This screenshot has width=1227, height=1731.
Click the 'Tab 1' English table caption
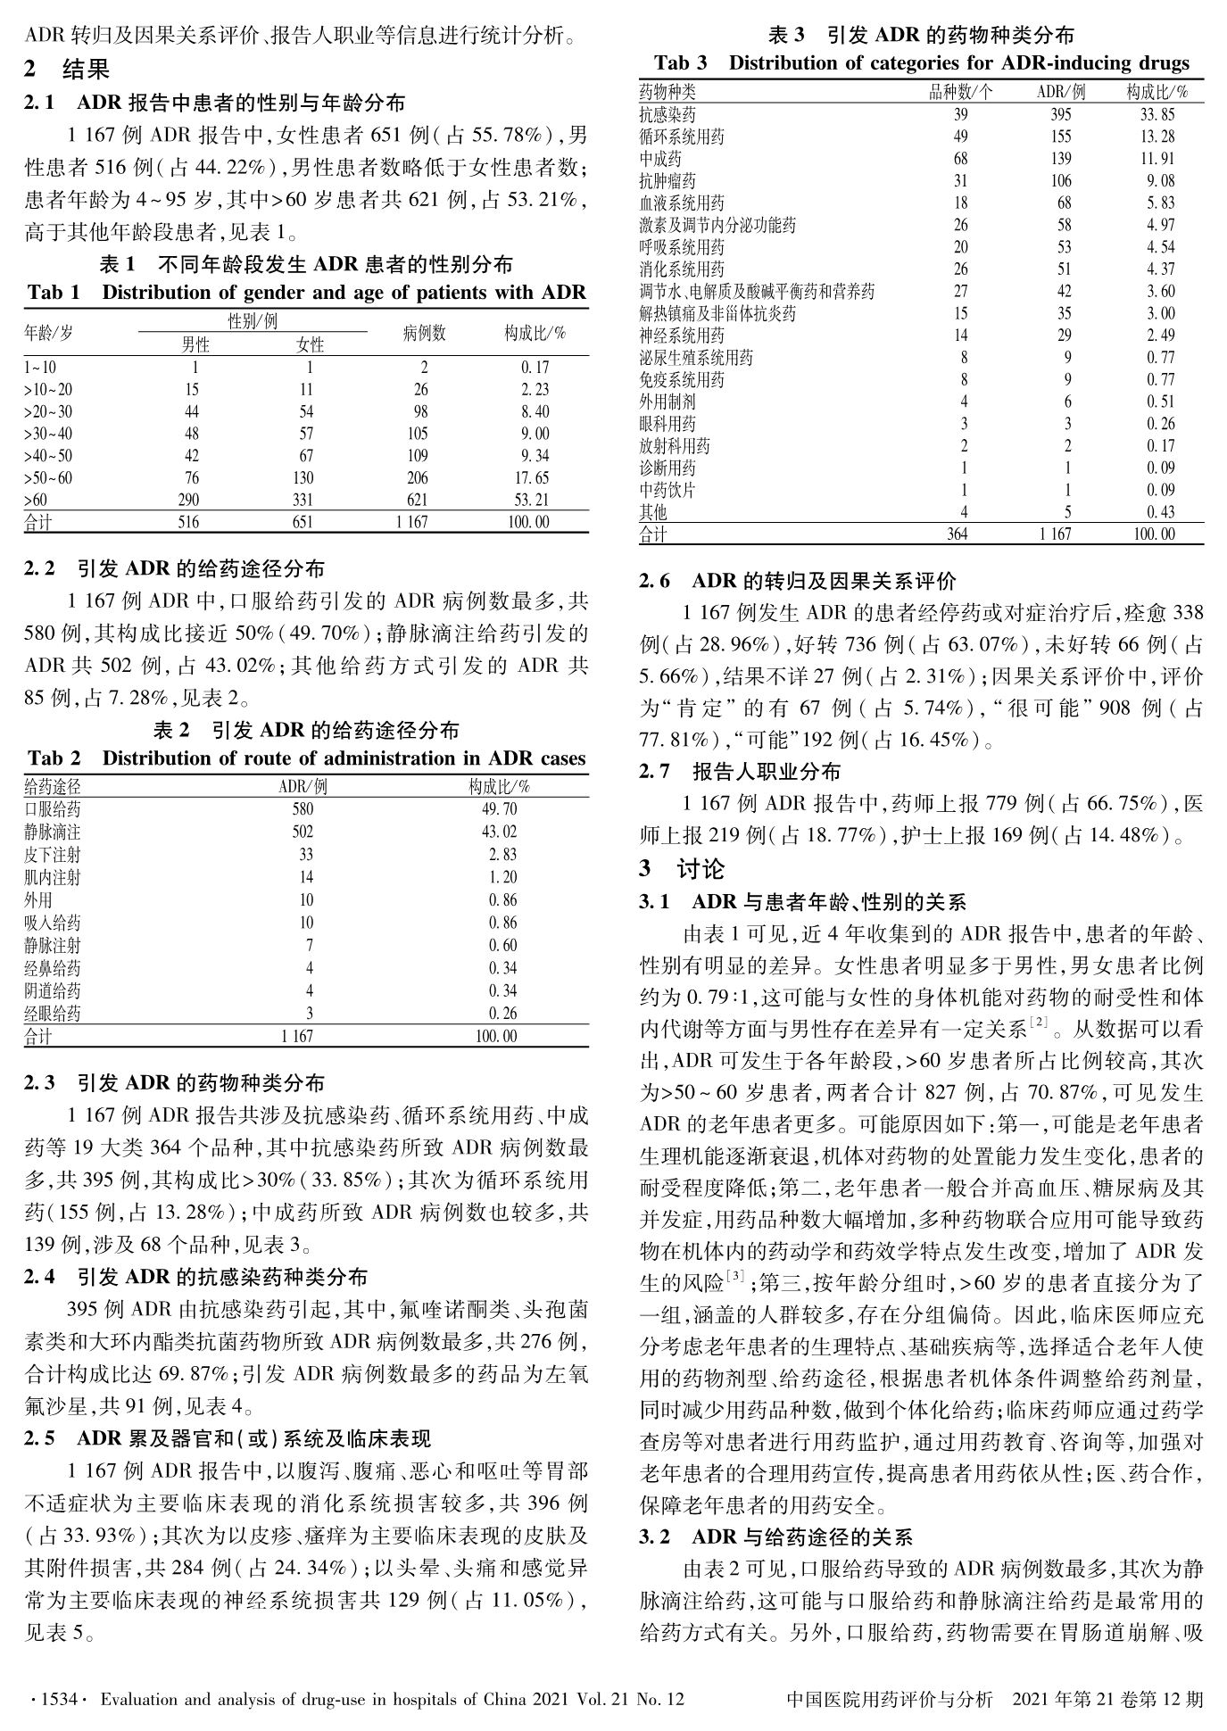[x=306, y=293]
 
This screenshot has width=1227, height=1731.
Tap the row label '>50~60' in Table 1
[x=48, y=478]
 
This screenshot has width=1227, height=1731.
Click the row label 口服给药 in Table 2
[x=52, y=809]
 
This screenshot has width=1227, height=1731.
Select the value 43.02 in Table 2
[x=498, y=832]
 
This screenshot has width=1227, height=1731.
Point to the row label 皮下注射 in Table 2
[x=52, y=855]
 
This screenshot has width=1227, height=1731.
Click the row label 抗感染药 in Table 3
[x=667, y=114]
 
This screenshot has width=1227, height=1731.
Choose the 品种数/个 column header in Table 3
[x=960, y=92]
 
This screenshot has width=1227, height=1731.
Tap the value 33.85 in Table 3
[x=1157, y=114]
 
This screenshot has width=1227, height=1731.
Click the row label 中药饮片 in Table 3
[x=667, y=490]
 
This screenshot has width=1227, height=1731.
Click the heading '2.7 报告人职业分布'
[x=740, y=771]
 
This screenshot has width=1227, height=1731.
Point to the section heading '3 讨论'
[x=682, y=868]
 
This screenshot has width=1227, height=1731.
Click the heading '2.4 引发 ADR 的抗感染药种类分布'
[x=195, y=1278]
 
